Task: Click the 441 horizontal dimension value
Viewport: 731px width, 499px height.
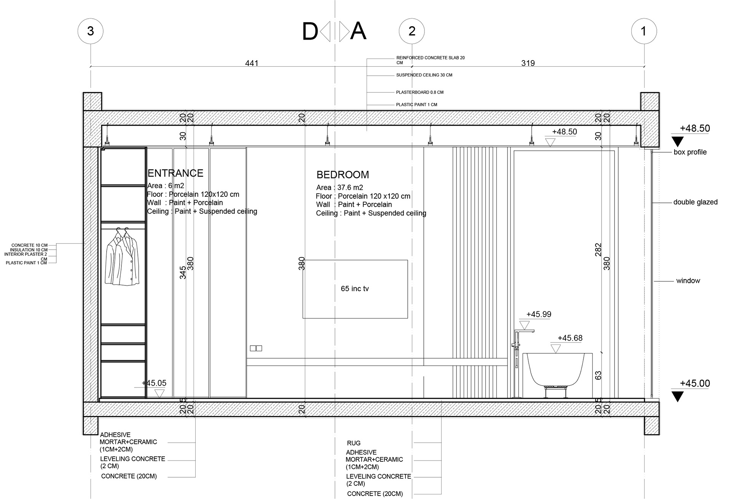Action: coord(252,63)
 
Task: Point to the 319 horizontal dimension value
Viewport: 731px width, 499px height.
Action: coord(528,63)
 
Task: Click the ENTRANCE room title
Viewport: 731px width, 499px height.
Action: coord(175,173)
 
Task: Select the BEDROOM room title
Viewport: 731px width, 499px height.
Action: coord(343,175)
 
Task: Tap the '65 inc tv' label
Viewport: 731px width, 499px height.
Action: coord(355,289)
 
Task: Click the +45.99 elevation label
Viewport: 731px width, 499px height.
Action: coord(538,314)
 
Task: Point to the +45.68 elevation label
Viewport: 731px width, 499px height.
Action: coord(570,338)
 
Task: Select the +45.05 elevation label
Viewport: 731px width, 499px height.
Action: coord(154,383)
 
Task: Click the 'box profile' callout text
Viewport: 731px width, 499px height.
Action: coord(690,152)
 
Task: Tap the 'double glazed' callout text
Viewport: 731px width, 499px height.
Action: coord(695,202)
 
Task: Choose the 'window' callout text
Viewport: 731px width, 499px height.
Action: coord(688,281)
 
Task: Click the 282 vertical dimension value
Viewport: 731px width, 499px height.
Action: coord(598,250)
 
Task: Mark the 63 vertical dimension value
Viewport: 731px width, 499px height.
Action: coord(598,375)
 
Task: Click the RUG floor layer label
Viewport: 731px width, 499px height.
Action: coord(354,443)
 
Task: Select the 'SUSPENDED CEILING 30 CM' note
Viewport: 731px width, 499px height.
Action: coord(424,75)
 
